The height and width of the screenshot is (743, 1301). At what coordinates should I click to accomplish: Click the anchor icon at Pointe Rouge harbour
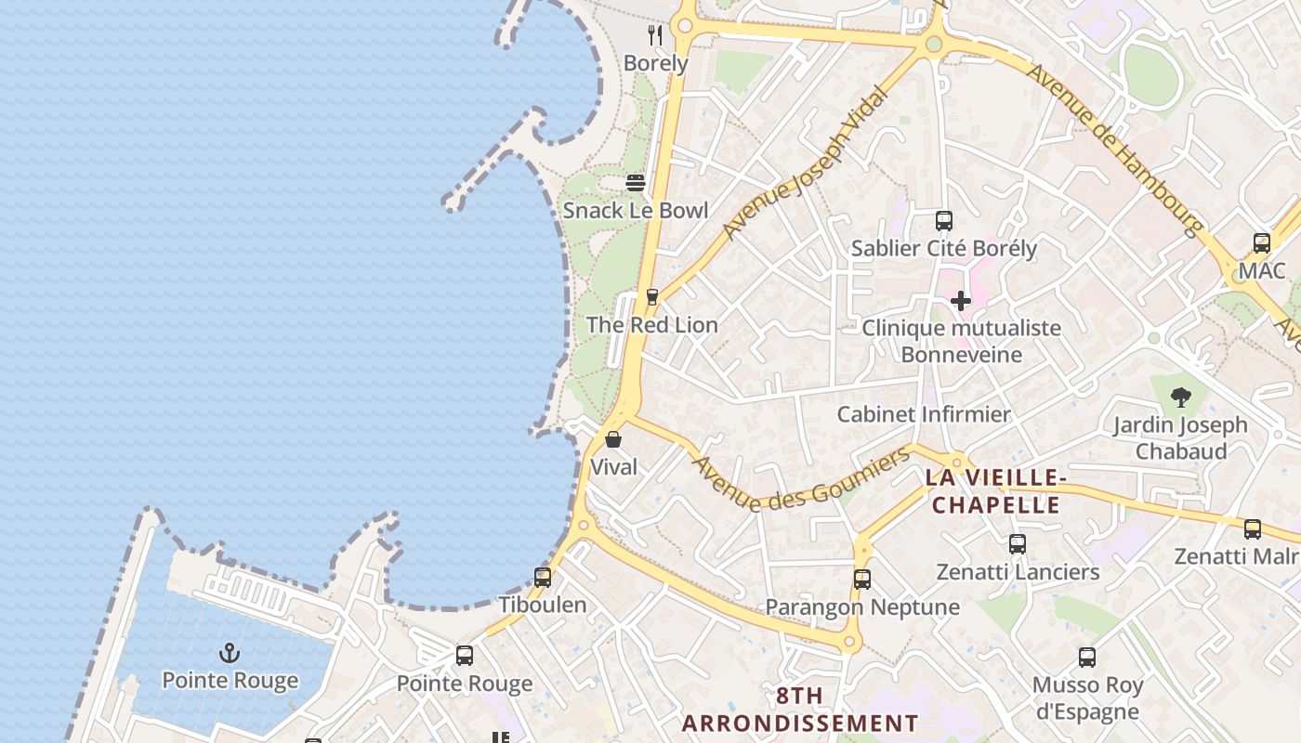[229, 653]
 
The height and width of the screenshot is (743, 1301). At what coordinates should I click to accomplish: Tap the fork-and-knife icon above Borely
[656, 35]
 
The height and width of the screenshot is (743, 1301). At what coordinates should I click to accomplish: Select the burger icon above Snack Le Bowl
[636, 183]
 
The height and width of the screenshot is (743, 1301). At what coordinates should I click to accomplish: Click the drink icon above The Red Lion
[652, 297]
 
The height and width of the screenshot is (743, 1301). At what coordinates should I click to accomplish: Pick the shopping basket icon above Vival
[613, 439]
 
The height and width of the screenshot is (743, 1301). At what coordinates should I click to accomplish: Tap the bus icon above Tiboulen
[543, 577]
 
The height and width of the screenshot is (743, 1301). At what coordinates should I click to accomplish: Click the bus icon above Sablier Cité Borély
[944, 221]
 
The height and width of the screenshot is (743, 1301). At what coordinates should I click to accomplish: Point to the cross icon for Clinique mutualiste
[961, 300]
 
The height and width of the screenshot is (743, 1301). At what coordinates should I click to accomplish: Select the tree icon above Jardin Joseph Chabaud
[1181, 398]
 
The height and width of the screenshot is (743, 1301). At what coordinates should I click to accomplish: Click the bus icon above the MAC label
[1261, 243]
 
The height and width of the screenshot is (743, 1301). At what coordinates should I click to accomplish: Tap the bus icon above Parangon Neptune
[862, 580]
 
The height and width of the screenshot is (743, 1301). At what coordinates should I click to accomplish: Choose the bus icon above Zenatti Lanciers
[1018, 544]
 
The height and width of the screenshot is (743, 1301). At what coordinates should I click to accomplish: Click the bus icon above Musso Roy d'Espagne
[1087, 658]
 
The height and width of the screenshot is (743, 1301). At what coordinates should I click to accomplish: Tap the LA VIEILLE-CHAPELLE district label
[995, 491]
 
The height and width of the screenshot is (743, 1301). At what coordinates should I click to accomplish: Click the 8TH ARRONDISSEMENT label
[799, 710]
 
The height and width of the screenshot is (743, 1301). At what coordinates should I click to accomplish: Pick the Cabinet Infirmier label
[924, 414]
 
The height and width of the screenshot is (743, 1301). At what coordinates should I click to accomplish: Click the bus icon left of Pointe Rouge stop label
[465, 656]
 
